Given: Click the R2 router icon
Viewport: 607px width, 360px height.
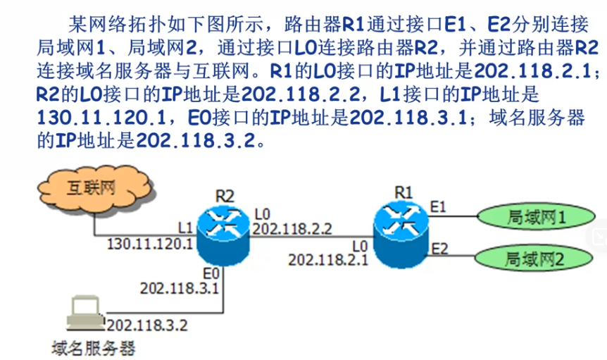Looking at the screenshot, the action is click(223, 232).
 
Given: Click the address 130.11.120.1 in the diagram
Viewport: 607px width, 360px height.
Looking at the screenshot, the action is click(150, 244).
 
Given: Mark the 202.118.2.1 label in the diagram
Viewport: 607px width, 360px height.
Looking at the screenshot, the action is click(328, 259).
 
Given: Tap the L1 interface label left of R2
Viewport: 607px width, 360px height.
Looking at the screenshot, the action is click(185, 228).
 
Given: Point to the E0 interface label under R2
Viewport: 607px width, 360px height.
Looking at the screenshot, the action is click(210, 273).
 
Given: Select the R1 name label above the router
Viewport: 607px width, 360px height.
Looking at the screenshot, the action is click(403, 191).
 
